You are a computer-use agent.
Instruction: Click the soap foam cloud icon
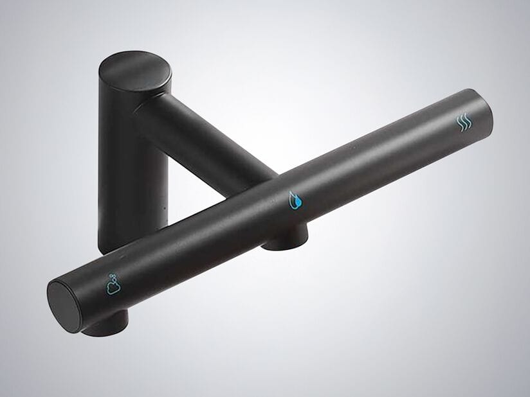[x=113, y=284]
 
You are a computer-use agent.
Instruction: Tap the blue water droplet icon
[x=295, y=200]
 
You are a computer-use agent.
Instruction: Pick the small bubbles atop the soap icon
[x=116, y=278]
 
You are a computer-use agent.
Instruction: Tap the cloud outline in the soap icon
[x=111, y=287]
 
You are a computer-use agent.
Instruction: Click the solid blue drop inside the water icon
[x=296, y=203]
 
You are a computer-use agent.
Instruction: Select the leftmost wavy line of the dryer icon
[x=458, y=123]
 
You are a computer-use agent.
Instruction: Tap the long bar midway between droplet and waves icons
[x=379, y=161]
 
